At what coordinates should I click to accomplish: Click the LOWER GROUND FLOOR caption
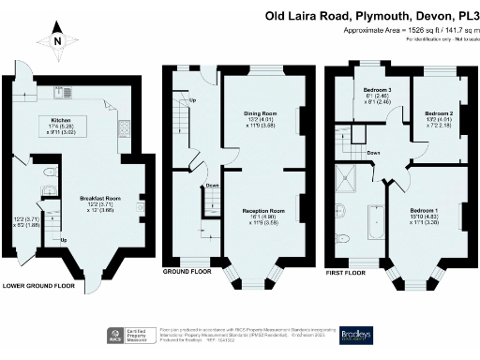[38, 285]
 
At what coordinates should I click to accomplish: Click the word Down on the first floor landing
[373, 152]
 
